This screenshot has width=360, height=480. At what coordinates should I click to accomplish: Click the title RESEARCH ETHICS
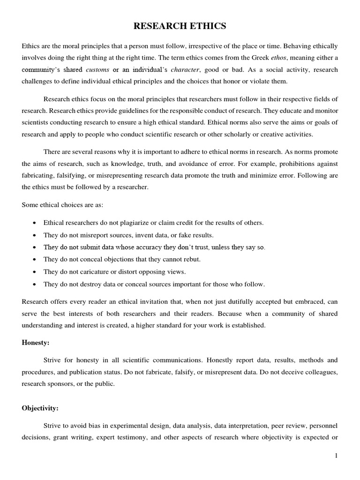180,26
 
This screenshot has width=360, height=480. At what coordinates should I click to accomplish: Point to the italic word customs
98,69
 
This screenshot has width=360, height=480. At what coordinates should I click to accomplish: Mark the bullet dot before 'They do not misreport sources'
35,235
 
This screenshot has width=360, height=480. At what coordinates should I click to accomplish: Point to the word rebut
193,259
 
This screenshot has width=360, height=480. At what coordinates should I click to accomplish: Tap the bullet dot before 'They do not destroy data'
35,284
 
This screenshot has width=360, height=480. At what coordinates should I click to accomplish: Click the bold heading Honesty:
36,342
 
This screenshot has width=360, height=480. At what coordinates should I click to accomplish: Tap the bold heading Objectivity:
40,408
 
